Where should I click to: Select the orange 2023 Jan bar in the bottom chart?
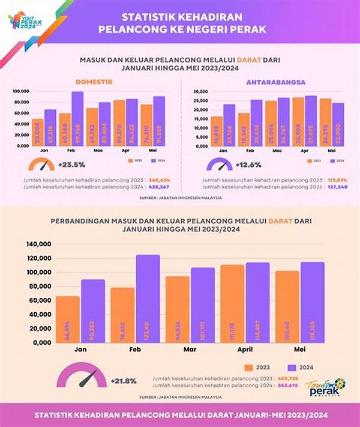coord(68,319)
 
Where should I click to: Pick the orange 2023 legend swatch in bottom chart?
coord(248,368)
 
